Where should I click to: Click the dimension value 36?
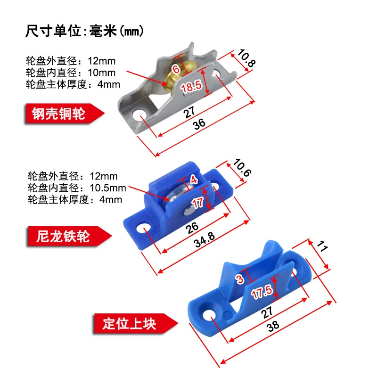point(199,124)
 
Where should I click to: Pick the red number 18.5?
point(191,87)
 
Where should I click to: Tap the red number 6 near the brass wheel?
point(176,69)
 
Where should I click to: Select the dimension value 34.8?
point(205,240)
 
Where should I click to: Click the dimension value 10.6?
point(242,167)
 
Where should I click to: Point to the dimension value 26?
point(192,228)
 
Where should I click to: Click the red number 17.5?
point(262,292)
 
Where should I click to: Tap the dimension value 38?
point(273,326)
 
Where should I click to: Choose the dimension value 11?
point(322,246)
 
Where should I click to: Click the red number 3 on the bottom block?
point(240,279)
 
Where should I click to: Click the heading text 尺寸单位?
point(53,31)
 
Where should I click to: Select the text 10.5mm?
point(108,188)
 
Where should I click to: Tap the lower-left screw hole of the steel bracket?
point(139,115)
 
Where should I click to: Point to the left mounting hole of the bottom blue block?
point(209,314)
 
